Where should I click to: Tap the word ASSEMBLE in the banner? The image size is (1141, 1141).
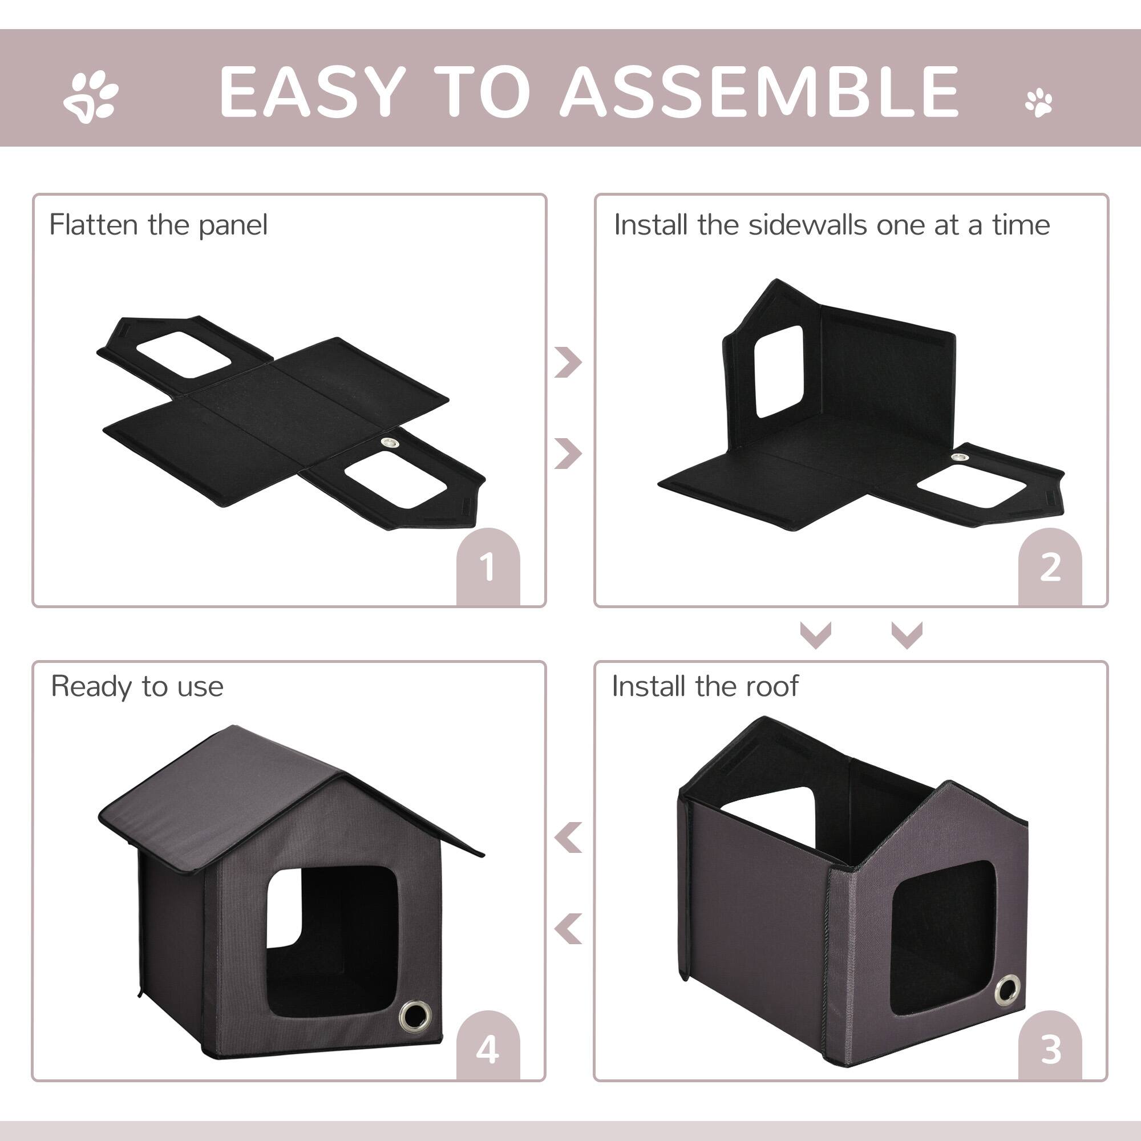[x=759, y=91]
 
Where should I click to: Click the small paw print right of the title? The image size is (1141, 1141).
[x=1039, y=103]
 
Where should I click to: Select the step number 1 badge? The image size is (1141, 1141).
[x=488, y=568]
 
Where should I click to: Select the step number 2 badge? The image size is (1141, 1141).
[x=1050, y=568]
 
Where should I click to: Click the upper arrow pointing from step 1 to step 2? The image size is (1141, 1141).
[x=568, y=362]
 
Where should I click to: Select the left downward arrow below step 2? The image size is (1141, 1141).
[x=816, y=635]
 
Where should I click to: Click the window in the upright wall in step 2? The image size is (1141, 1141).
[x=779, y=371]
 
